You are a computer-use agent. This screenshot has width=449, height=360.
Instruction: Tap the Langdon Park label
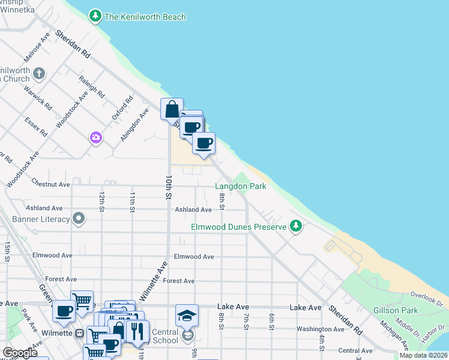(x=240, y=187)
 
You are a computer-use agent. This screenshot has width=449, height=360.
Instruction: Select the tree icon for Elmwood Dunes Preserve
(x=295, y=226)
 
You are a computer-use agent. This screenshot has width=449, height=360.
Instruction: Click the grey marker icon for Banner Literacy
(x=79, y=219)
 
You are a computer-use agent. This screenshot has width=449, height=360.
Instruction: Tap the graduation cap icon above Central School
(x=187, y=315)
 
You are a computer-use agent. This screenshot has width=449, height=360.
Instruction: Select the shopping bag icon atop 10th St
(x=172, y=110)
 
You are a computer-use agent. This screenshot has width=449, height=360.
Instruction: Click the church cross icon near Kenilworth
(x=39, y=74)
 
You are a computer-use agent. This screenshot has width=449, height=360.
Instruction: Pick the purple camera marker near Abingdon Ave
(x=95, y=139)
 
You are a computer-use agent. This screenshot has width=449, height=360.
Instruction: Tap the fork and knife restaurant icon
(x=138, y=331)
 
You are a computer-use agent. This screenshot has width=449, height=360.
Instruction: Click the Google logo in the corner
(x=20, y=353)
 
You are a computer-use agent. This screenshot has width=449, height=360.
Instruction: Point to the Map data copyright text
(x=423, y=355)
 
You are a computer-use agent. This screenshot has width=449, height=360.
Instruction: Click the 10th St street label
(x=169, y=188)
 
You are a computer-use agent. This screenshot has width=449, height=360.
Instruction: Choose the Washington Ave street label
(x=320, y=329)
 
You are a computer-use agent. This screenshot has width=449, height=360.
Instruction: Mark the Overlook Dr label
(x=426, y=295)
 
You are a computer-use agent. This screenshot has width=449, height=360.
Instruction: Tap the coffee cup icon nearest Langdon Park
(x=204, y=143)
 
